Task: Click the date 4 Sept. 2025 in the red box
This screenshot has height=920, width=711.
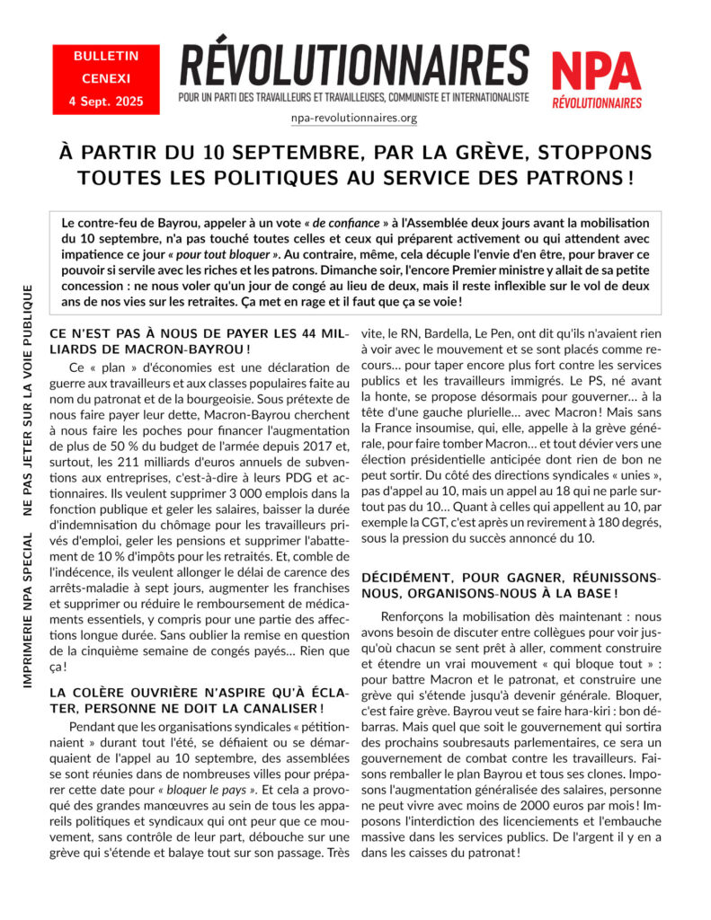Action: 99,100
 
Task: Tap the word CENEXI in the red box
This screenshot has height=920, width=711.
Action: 99,77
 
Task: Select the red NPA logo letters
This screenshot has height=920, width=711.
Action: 596,70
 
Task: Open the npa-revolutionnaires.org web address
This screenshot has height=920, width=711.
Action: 354,118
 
